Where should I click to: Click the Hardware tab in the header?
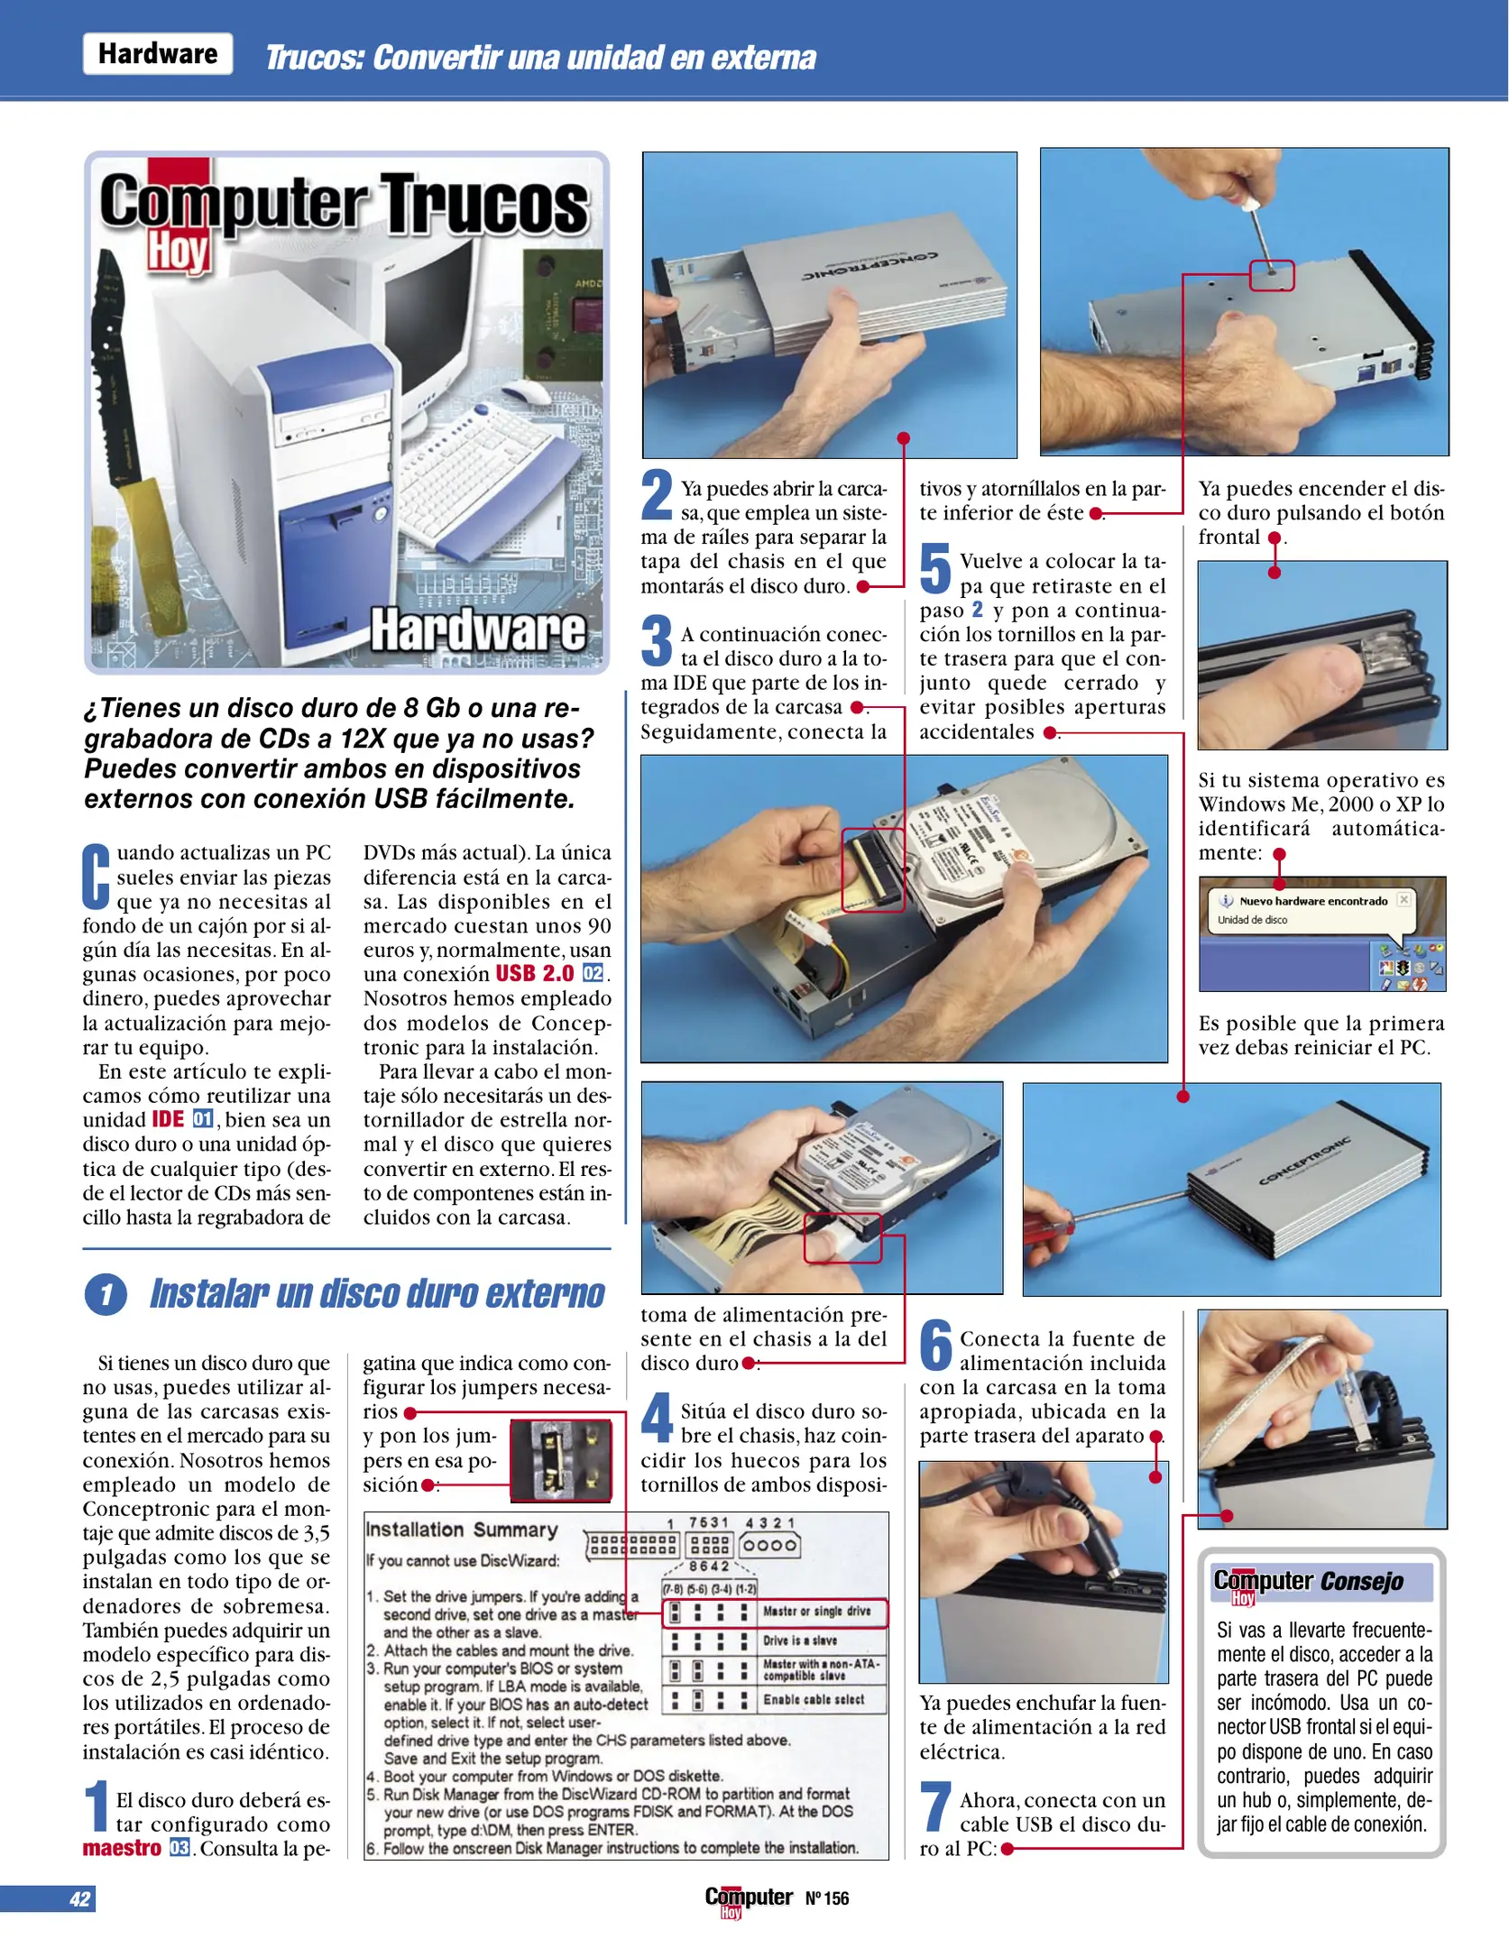[x=158, y=54]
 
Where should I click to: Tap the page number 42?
[x=79, y=1898]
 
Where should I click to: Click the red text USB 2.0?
[x=534, y=974]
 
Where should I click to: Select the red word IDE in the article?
[x=168, y=1120]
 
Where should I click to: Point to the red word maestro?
[x=122, y=1848]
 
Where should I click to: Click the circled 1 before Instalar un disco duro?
[x=106, y=1295]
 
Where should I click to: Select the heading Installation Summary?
[x=462, y=1530]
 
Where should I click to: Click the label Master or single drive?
[x=816, y=1612]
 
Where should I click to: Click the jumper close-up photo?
[x=560, y=1461]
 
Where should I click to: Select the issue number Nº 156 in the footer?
[x=827, y=1898]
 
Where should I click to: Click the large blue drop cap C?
[x=97, y=877]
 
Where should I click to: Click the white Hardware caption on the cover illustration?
[x=477, y=629]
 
